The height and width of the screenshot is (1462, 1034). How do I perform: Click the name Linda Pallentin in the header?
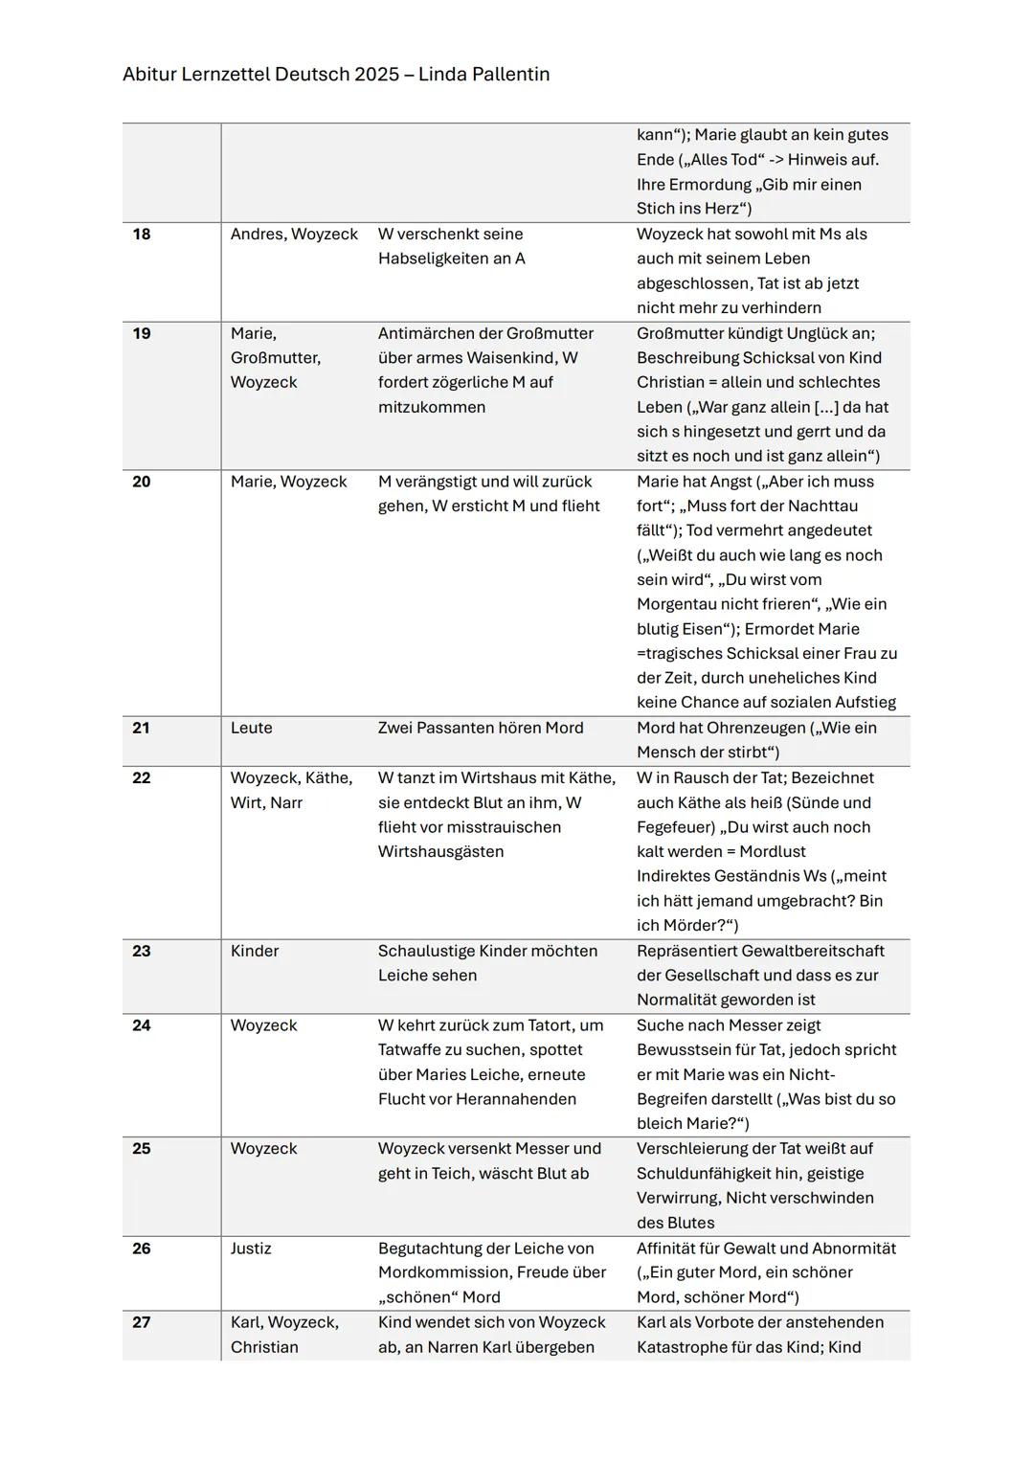(x=483, y=75)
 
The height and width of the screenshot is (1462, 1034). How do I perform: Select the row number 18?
(x=142, y=235)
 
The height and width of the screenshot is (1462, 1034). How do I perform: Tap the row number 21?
(x=142, y=729)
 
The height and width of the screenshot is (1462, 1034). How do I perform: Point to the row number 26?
(x=142, y=1248)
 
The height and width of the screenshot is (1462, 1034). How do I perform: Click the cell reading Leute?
(x=252, y=729)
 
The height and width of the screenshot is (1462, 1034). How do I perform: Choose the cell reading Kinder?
(x=255, y=952)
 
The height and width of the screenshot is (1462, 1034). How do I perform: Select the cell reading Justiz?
(x=251, y=1248)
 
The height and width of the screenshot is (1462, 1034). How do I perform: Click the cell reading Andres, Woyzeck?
(x=294, y=235)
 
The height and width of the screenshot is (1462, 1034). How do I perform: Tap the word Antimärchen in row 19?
(x=426, y=334)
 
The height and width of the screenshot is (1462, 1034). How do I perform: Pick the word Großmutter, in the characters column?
(x=276, y=358)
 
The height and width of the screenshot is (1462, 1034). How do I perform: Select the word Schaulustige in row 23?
(x=426, y=952)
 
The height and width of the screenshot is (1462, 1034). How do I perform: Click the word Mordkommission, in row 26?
(x=441, y=1272)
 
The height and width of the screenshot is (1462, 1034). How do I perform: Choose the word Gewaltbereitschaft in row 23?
(x=813, y=952)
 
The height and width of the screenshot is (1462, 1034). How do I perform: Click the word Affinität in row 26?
(x=671, y=1248)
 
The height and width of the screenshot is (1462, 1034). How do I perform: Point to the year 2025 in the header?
(x=376, y=75)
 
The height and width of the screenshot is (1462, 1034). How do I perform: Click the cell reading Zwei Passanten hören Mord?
(x=481, y=729)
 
